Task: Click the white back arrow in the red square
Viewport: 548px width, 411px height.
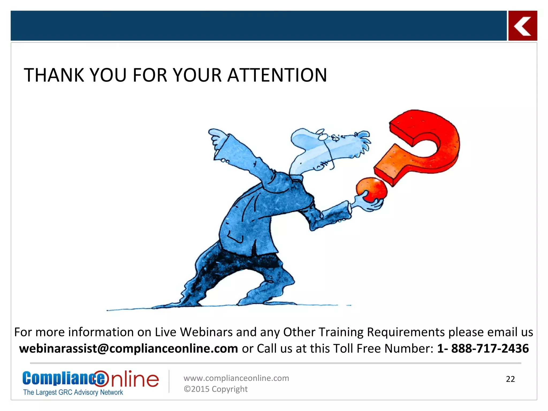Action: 522,26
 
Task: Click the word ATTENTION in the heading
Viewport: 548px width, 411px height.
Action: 277,75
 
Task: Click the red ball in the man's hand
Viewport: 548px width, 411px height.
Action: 372,189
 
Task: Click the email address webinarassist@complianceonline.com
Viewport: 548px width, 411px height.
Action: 128,348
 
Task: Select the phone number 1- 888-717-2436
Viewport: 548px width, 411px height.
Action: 483,348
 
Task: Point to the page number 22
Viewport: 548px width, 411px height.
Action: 510,379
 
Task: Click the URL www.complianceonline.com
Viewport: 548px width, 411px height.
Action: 236,378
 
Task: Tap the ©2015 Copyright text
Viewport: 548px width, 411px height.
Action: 215,389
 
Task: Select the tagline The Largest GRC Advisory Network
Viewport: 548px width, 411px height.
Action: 73,392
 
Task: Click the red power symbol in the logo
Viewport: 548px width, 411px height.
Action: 101,378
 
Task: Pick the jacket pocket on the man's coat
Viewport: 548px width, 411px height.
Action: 235,238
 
